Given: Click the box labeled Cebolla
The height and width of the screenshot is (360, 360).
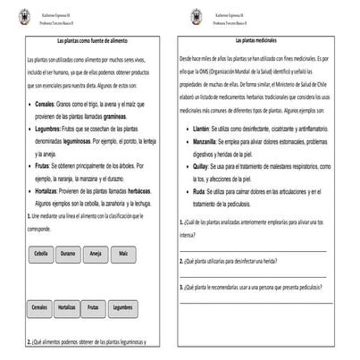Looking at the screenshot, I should pos(41,255).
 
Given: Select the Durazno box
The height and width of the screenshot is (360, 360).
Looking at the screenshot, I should pos(68,255).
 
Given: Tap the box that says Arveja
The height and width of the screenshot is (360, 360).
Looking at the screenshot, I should pos(96,255).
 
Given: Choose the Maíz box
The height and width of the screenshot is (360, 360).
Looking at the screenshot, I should pos(123,255).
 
